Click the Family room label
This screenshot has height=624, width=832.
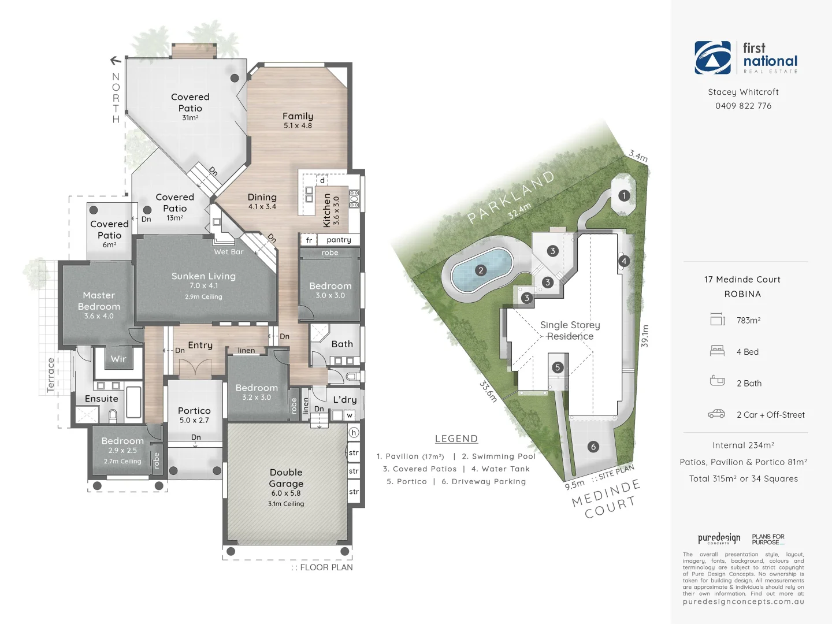point(298,116)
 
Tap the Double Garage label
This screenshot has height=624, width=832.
point(286,478)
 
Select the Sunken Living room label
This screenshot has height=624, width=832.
point(203,276)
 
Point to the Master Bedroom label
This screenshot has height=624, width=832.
point(99,300)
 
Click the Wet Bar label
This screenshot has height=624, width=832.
point(229,252)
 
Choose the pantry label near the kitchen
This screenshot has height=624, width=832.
point(339,240)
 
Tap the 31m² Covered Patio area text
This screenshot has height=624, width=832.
point(190,118)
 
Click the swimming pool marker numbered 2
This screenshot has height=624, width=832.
point(481,270)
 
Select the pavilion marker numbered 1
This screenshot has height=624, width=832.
point(624,195)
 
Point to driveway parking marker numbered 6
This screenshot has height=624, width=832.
point(593,447)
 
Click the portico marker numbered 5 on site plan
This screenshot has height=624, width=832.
point(558,367)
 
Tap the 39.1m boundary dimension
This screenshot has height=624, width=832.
point(645,336)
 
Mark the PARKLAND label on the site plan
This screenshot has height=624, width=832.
point(511,196)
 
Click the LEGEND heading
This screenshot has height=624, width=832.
point(456,439)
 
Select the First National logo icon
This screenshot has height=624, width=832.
point(712,58)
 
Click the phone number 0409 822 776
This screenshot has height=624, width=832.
point(743,106)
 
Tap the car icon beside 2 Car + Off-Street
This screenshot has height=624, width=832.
point(716,414)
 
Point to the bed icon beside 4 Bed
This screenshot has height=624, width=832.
point(717,351)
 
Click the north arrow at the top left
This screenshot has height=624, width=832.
point(116,60)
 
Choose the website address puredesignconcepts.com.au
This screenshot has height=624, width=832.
point(743,601)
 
